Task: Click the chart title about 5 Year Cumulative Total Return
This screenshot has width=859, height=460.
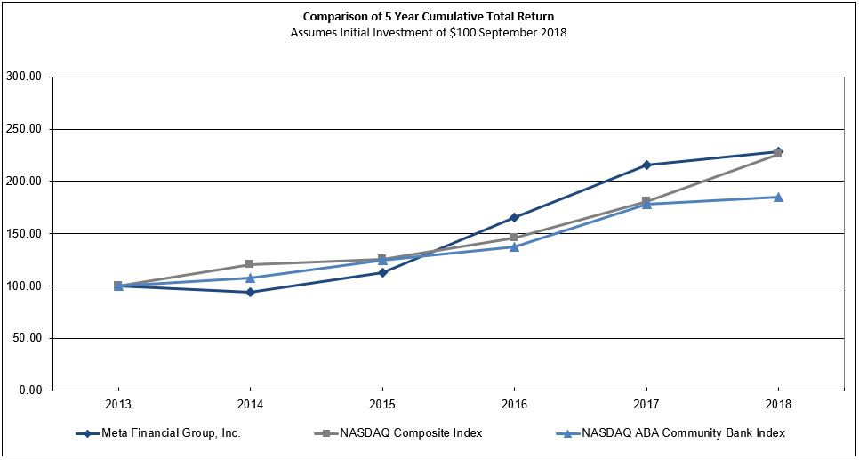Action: tap(429, 17)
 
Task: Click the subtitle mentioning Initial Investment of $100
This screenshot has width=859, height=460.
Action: tap(429, 33)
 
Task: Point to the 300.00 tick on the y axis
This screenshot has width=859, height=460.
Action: tap(24, 77)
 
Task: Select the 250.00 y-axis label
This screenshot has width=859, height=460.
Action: tap(24, 129)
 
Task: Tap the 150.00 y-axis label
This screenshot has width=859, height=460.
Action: tap(24, 233)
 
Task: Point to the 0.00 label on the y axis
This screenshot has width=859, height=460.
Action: tap(29, 391)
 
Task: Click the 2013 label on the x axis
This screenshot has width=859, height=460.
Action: tap(118, 405)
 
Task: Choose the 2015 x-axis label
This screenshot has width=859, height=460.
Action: tap(382, 405)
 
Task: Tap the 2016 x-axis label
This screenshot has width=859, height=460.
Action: tap(514, 405)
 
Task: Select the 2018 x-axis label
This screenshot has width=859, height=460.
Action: tap(778, 405)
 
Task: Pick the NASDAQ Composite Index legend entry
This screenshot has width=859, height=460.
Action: tap(399, 433)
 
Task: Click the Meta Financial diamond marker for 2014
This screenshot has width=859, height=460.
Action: tap(250, 292)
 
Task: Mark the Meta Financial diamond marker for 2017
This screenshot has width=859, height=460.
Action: tap(646, 165)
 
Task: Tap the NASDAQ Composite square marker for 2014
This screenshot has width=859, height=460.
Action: tap(250, 264)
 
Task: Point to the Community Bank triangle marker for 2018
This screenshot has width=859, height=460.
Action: tap(778, 197)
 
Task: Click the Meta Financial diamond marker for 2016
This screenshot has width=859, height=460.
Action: tap(514, 217)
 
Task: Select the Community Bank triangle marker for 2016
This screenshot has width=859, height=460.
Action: tap(514, 246)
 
